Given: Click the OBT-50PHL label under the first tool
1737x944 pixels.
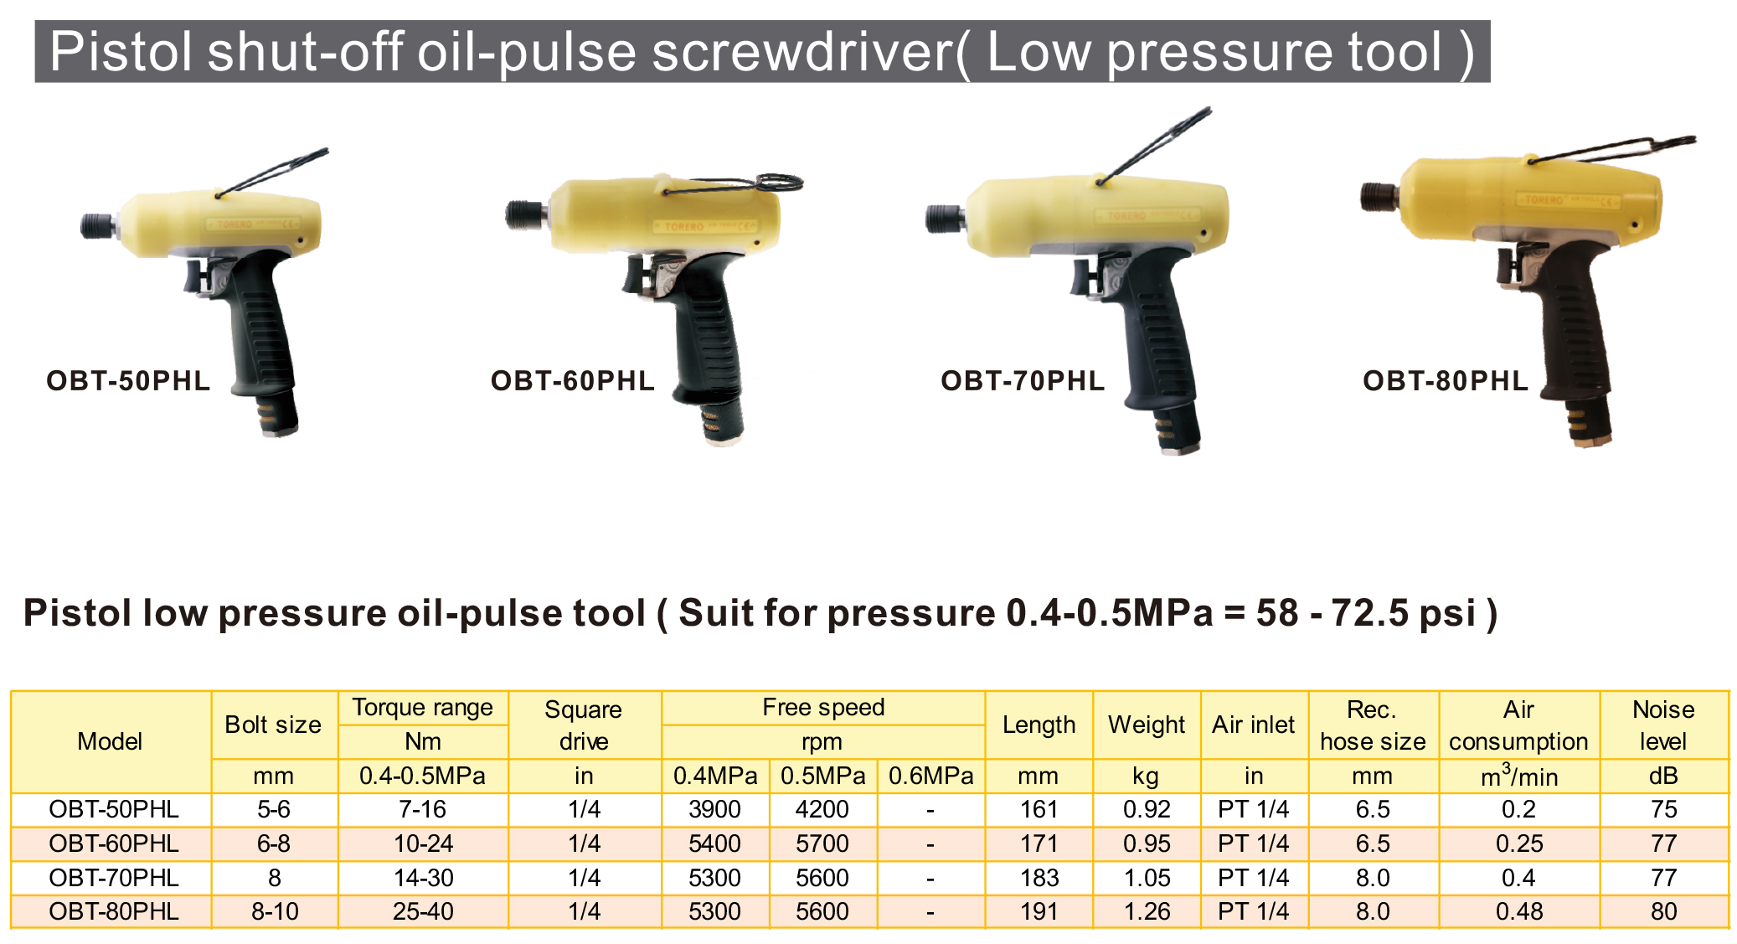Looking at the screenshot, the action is tap(128, 381).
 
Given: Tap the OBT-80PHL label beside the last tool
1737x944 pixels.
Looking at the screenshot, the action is tap(1446, 381).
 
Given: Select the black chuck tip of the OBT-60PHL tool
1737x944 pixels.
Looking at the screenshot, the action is tap(523, 214).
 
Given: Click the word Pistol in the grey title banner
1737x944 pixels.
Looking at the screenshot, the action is tap(121, 52).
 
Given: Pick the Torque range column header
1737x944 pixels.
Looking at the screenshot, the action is tap(423, 708).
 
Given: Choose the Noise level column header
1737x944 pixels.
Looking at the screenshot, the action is tap(1663, 725).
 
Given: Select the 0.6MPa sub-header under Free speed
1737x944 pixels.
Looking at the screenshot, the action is tap(931, 776).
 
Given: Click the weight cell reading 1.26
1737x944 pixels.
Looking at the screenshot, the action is tap(1147, 911).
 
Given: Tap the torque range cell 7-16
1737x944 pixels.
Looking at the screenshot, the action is tap(423, 809).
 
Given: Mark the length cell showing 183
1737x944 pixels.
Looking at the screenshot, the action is tap(1039, 878).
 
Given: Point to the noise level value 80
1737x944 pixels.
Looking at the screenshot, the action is tap(1664, 911).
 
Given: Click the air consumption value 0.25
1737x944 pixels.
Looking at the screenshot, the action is tap(1519, 843).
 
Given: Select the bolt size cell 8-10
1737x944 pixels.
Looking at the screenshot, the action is tap(275, 911).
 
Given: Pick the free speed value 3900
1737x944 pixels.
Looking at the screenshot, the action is tap(715, 809).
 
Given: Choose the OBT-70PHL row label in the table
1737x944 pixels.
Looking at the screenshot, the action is tap(114, 878).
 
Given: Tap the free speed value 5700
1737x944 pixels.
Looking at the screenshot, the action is tap(822, 843).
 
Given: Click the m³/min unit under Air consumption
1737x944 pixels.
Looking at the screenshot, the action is tap(1519, 776).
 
